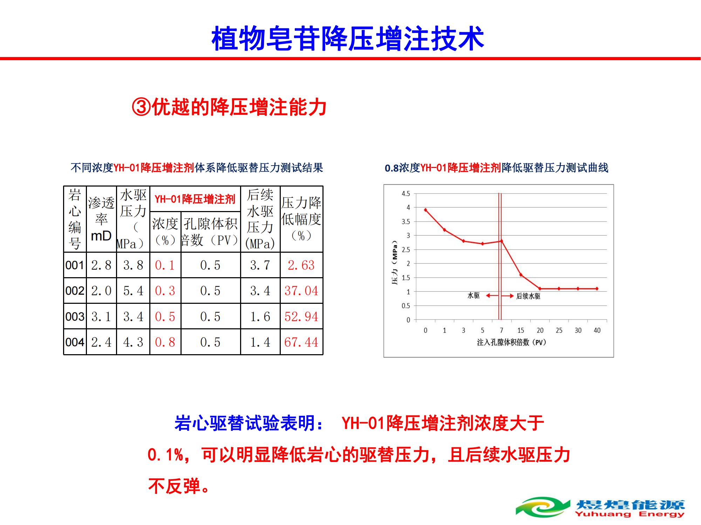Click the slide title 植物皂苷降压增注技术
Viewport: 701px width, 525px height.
pos(348,38)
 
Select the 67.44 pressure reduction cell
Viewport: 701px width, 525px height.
pos(301,342)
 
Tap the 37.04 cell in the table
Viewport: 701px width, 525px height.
pos(301,290)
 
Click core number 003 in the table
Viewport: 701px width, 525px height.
pos(75,316)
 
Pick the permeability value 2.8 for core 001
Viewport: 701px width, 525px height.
pos(101,265)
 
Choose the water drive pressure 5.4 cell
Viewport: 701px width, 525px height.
pos(133,290)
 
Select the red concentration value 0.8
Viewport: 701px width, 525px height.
pos(165,342)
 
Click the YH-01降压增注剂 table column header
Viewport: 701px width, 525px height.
pos(195,199)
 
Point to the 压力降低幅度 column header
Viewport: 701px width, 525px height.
pos(301,219)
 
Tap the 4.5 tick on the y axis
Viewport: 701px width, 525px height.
pos(406,194)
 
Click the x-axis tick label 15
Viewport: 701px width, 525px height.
pos(521,330)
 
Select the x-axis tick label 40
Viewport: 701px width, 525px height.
pos(597,330)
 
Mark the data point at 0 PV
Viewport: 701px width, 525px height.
pos(426,210)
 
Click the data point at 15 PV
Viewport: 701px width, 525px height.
pos(521,275)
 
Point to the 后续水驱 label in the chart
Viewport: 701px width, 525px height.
pos(528,296)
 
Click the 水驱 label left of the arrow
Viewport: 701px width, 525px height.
pos(474,296)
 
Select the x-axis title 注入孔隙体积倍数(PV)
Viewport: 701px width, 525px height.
pos(511,342)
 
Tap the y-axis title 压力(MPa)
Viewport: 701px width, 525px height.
pos(395,262)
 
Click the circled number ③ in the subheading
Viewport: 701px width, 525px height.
pos(141,107)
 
